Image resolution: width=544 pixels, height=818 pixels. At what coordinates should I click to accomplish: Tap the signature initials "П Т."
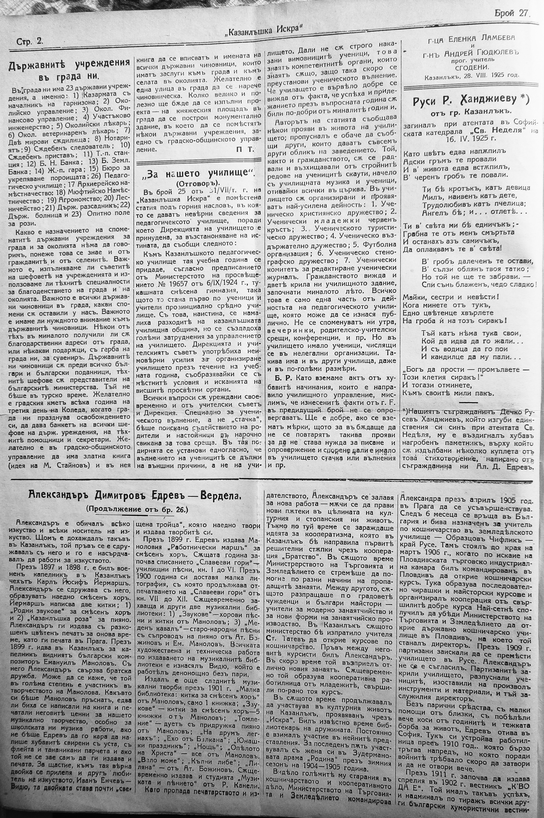point(245,150)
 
